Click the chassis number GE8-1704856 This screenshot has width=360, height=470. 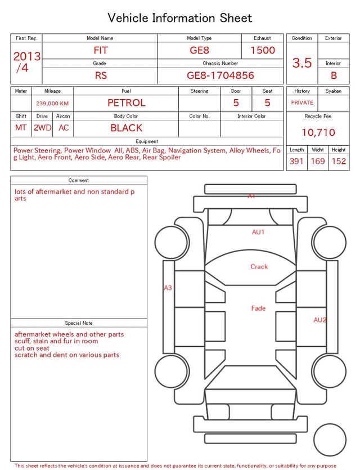pos(220,75)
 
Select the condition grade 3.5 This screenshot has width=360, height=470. pos(302,62)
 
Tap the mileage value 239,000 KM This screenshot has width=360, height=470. pos(52,104)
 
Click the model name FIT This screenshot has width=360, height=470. pos(101,50)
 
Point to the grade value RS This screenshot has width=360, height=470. pos(101,75)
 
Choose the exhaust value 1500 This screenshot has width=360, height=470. pos(263,50)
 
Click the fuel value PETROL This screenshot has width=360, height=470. pos(127,103)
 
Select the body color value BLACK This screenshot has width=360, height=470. pos(127,128)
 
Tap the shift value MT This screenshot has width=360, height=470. pos(21,128)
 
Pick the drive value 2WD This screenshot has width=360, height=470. pos(42,128)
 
